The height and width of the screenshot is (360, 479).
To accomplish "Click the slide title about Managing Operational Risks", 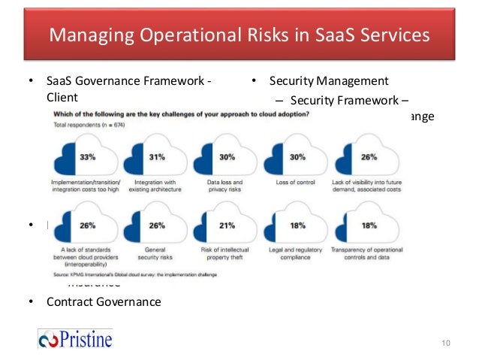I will pyautogui.click(x=239, y=35).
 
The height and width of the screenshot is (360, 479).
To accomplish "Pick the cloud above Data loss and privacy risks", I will pyautogui.click(x=225, y=159).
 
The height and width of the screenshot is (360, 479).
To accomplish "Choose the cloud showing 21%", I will pyautogui.click(x=225, y=225).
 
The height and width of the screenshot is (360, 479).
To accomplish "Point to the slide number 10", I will pyautogui.click(x=446, y=343).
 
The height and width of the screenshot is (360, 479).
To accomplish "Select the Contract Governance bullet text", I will pyautogui.click(x=104, y=302).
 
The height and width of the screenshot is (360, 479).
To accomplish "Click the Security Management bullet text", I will pyautogui.click(x=329, y=81).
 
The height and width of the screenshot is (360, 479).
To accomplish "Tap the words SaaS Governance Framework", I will pyautogui.click(x=128, y=81).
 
